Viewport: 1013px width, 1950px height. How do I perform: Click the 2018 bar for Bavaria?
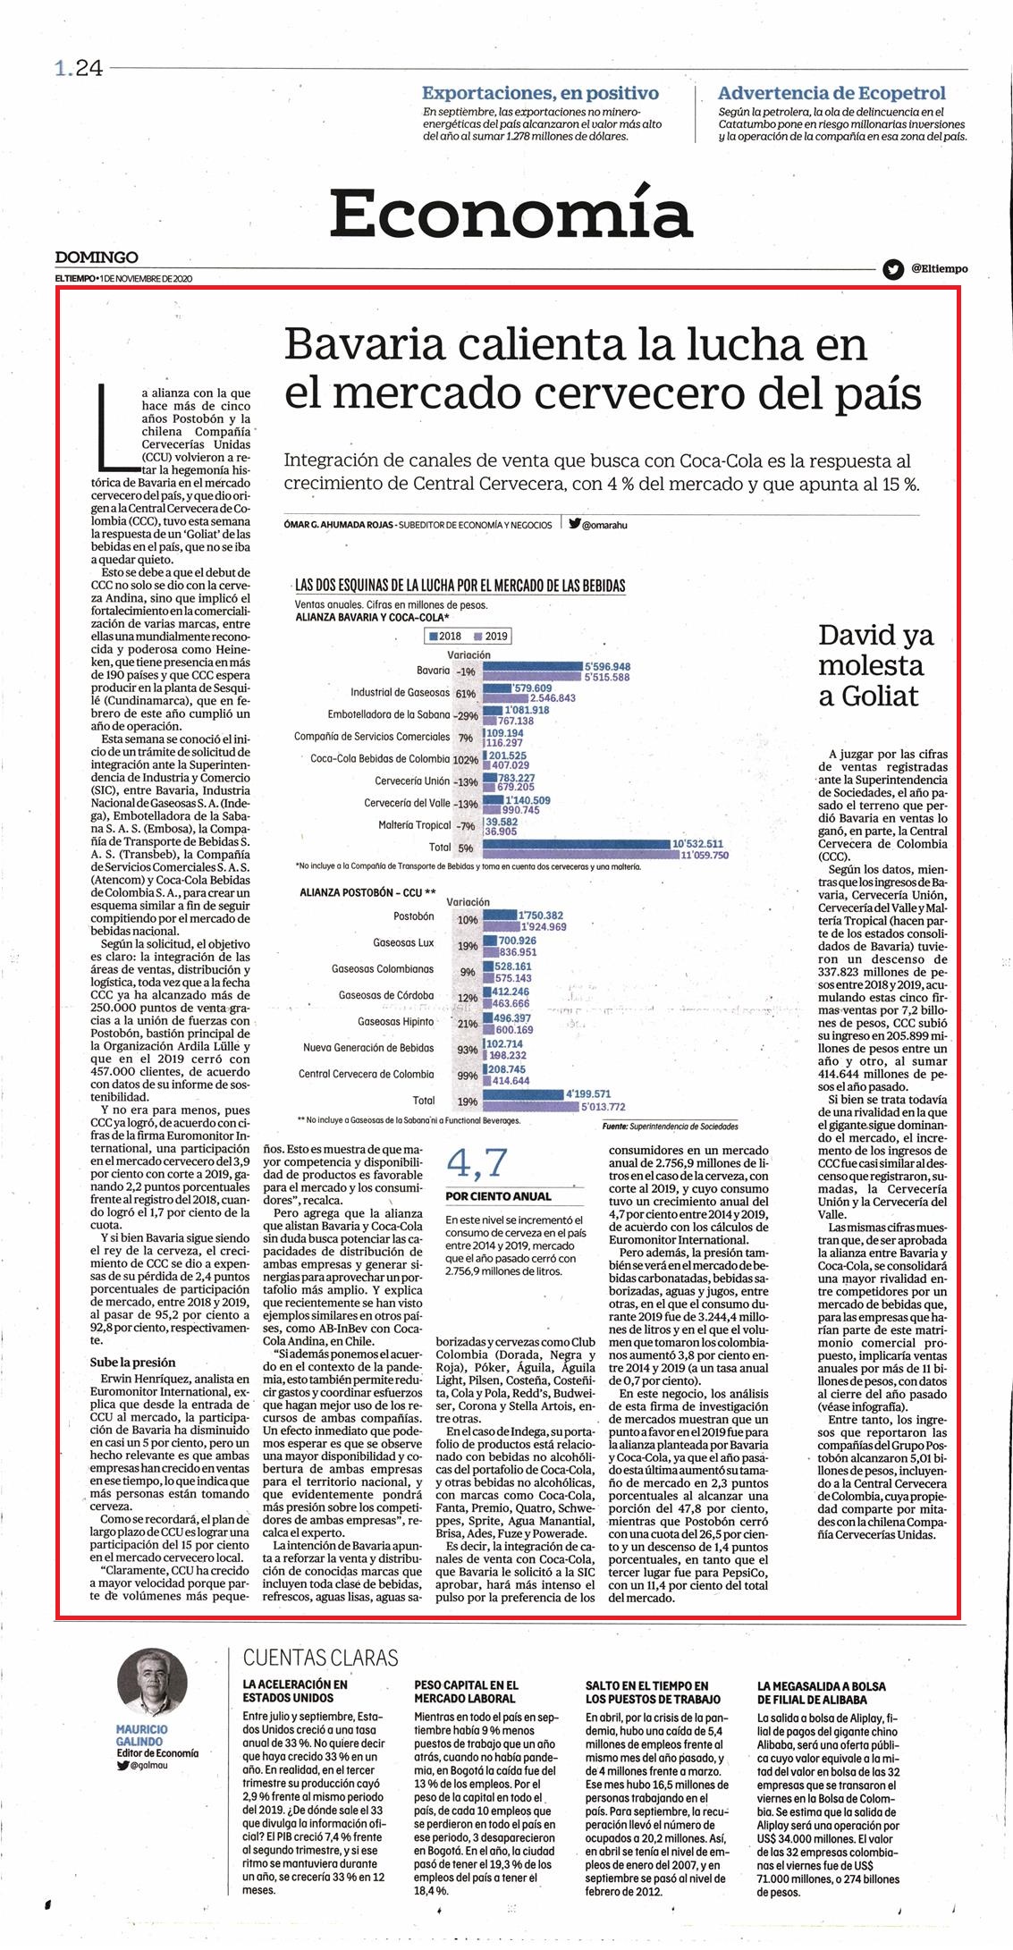tap(532, 666)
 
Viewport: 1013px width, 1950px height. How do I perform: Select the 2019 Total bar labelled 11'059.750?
tap(580, 854)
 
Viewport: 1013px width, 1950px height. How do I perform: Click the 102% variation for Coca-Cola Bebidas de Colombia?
tap(466, 759)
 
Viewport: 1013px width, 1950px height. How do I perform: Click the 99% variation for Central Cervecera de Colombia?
tap(467, 1075)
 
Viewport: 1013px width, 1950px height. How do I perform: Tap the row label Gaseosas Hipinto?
tap(395, 1021)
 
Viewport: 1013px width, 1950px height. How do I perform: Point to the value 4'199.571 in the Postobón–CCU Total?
tap(587, 1093)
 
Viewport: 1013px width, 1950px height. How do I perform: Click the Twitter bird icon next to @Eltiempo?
tap(892, 268)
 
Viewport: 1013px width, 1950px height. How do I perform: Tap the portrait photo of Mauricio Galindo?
tap(152, 1684)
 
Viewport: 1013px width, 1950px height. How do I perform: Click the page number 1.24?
tap(79, 69)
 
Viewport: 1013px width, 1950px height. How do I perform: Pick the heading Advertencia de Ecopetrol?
tap(832, 93)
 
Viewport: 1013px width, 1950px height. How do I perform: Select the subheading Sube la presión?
tap(133, 1363)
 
